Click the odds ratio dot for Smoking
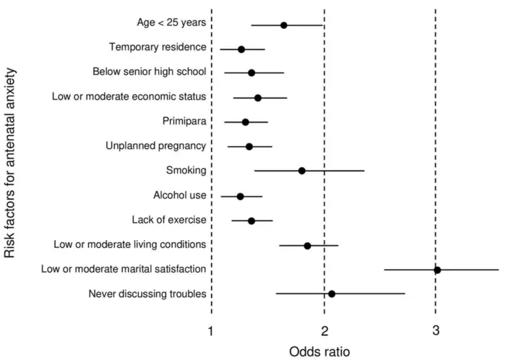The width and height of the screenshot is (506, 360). pos(302,171)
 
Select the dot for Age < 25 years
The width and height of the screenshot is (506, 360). pos(284,25)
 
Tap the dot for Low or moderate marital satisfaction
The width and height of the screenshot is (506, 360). pos(437,270)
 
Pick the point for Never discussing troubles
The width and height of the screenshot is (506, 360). pos(332,294)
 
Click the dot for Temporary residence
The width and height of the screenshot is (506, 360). pos(241,49)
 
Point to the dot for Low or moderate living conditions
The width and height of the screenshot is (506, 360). pos(307,246)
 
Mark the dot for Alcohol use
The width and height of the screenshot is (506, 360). pos(240,196)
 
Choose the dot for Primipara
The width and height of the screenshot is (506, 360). pos(246,122)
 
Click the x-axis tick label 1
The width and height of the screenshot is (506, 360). pos(211,330)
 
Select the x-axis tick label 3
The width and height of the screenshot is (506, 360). pos(436,330)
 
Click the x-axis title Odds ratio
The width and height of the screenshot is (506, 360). pos(319,352)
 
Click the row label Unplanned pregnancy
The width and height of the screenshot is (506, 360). pos(155,146)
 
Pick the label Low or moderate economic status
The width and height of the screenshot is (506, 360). pos(129,96)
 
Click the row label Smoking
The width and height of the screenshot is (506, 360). pos(186,171)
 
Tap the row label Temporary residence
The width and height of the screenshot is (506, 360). pos(158,47)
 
